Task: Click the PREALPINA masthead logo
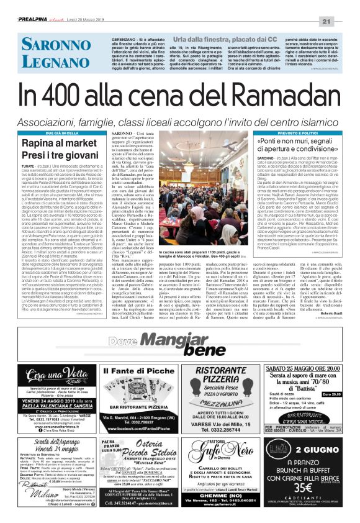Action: (x=35, y=22)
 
